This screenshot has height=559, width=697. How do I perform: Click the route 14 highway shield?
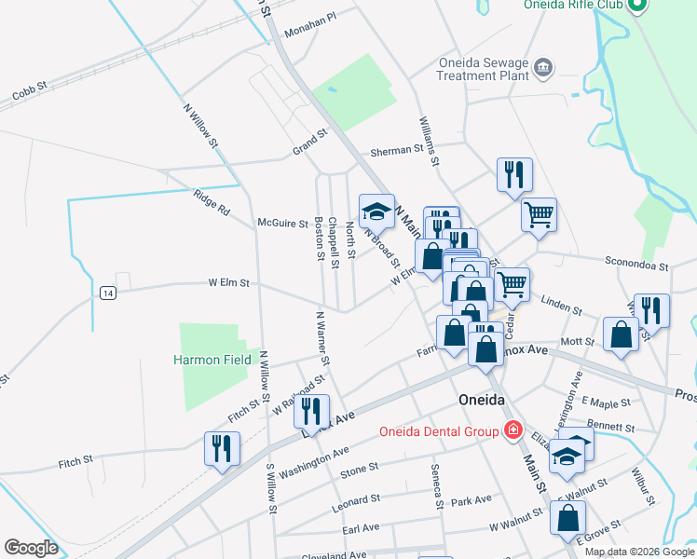click(109, 293)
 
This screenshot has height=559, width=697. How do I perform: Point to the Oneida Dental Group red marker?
click(512, 430)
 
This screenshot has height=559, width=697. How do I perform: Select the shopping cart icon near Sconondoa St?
click(539, 214)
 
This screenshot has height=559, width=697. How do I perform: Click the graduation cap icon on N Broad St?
click(376, 210)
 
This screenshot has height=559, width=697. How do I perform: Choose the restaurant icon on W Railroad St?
click(311, 410)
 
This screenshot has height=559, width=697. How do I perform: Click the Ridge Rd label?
click(211, 203)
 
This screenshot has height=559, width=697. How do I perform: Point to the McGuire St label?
click(282, 223)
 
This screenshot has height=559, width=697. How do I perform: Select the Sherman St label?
click(397, 149)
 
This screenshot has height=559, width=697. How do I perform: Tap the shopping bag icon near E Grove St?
click(567, 517)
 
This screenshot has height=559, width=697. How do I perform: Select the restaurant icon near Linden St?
click(651, 310)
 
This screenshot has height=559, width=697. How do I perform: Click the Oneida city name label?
click(482, 400)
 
